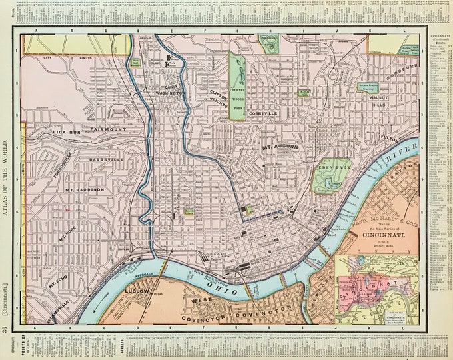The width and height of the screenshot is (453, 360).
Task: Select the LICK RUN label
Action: (68, 133)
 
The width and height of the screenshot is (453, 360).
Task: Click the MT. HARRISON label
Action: (85, 190)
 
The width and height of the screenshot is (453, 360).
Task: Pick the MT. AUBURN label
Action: (278, 146)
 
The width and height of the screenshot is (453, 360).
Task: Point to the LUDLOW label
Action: (135, 292)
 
